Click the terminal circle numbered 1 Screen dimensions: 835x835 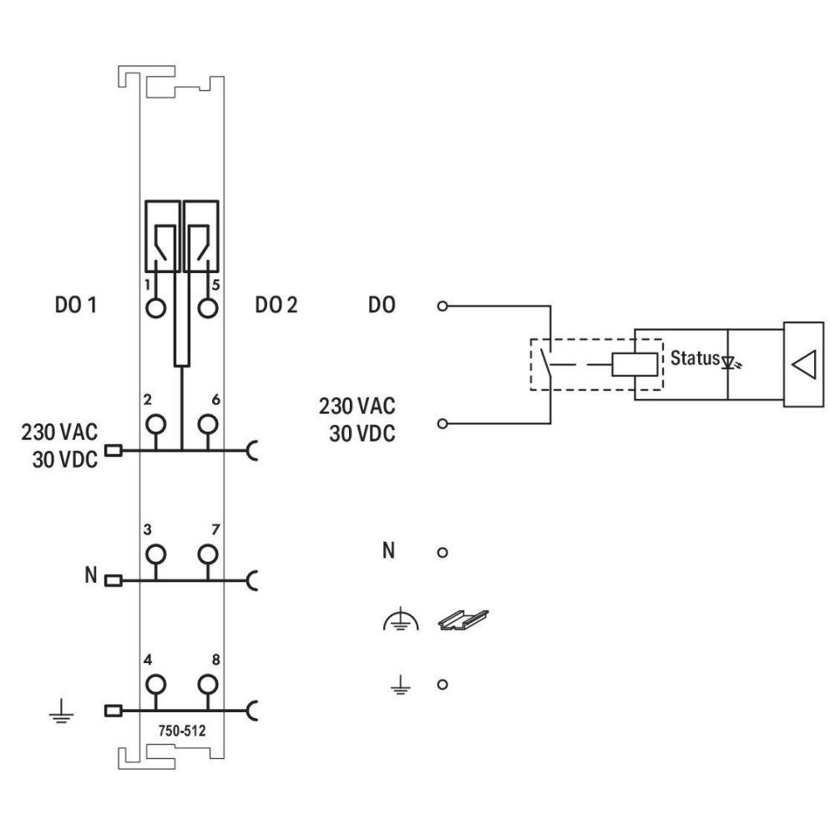[x=155, y=307]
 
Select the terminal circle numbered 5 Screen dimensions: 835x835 [x=207, y=307]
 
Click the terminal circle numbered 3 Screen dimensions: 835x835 [x=155, y=554]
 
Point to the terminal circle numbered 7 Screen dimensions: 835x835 [x=207, y=554]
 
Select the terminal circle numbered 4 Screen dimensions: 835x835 [x=155, y=686]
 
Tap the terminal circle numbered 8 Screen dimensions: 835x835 [x=207, y=686]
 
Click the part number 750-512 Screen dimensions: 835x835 [x=182, y=730]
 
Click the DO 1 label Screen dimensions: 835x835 [x=76, y=306]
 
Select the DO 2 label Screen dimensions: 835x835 [x=276, y=306]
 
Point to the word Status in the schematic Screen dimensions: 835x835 [x=694, y=358]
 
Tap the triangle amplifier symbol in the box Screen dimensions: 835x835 [x=803, y=364]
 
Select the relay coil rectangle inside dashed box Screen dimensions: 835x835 [x=635, y=365]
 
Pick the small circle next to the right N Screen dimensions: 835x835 [x=444, y=553]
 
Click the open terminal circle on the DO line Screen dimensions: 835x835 [x=444, y=306]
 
